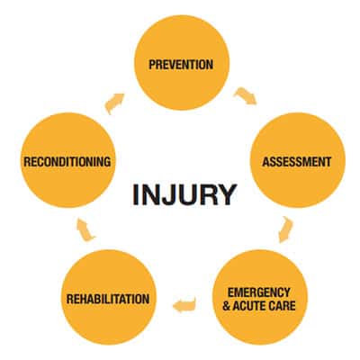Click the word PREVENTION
point(181,65)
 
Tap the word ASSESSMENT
point(297,162)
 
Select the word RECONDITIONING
point(67,162)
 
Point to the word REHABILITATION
point(108,299)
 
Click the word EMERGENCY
point(259,292)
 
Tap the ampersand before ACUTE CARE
point(227,306)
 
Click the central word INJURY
point(184,194)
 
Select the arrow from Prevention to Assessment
point(246,96)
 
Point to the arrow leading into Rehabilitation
point(184,304)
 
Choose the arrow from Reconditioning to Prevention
point(114,103)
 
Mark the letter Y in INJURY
point(227,194)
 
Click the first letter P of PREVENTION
point(152,65)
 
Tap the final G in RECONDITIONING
point(107,162)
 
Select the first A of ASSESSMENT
point(266,162)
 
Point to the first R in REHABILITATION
point(70,299)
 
